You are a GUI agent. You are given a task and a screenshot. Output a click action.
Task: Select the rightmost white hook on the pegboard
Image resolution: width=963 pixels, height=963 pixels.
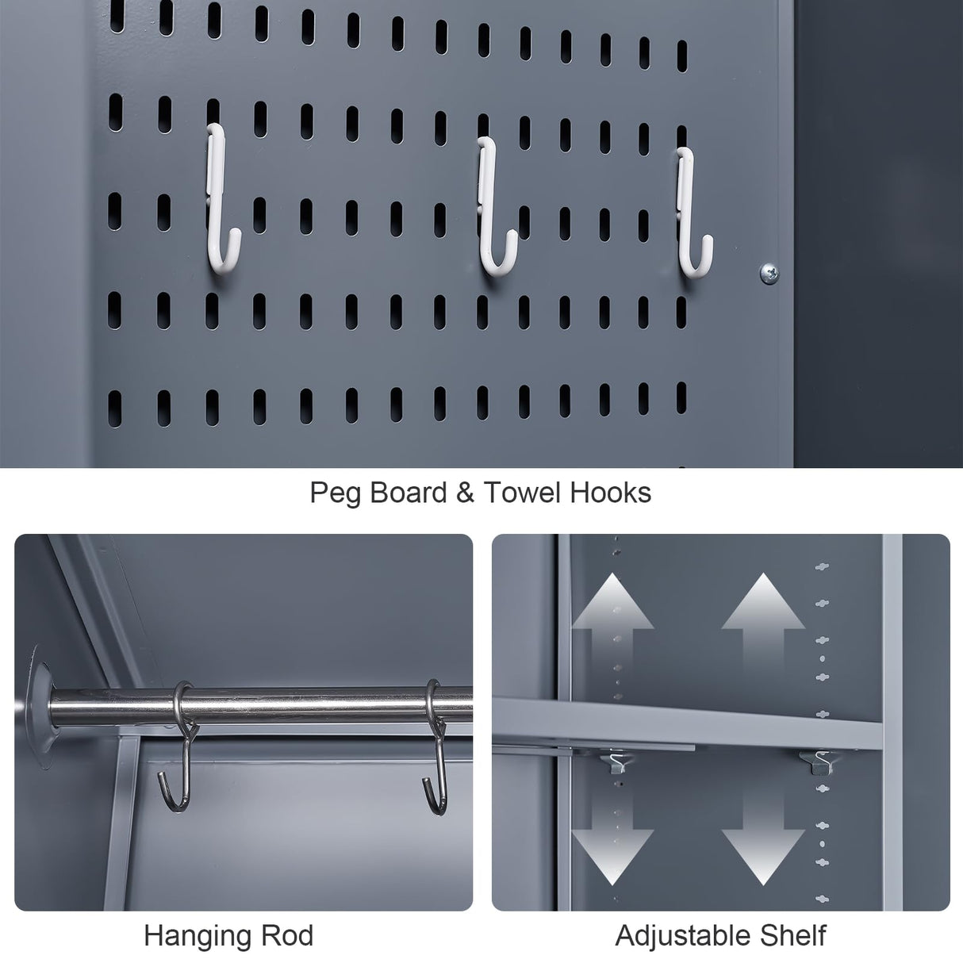point(690,210)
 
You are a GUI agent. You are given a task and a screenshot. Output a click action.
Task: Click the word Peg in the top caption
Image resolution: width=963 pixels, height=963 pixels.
point(335,493)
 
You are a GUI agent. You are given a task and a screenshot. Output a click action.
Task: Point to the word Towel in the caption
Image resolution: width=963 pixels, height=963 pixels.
point(522,493)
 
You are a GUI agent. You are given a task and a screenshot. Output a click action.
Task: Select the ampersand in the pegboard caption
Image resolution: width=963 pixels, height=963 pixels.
point(465,493)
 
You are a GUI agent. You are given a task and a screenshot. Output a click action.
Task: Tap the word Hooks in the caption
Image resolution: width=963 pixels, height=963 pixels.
point(610,493)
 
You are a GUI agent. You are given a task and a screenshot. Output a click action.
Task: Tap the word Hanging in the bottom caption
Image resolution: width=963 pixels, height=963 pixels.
point(201,936)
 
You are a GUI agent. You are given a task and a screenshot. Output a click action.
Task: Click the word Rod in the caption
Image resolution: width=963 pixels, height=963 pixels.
point(290,936)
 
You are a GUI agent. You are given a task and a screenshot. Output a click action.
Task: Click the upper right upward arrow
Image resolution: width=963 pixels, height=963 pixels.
point(762,612)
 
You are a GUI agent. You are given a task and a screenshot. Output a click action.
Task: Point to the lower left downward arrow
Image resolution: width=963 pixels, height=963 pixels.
point(612,845)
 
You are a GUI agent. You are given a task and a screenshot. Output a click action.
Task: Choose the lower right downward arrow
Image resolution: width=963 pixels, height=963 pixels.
point(762,845)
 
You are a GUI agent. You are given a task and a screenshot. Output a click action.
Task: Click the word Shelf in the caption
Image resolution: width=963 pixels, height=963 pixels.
point(792,936)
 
